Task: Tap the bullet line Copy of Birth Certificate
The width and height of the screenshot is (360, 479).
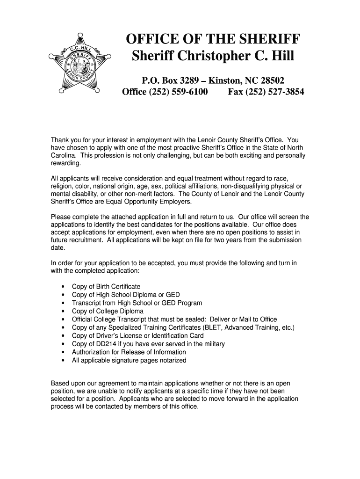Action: point(106,286)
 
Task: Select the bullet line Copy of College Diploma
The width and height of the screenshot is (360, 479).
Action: point(108,311)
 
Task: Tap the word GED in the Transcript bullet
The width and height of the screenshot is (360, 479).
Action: point(162,303)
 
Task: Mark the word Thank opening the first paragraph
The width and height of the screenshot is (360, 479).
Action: point(60,140)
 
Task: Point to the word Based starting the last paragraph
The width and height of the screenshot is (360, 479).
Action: point(60,383)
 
